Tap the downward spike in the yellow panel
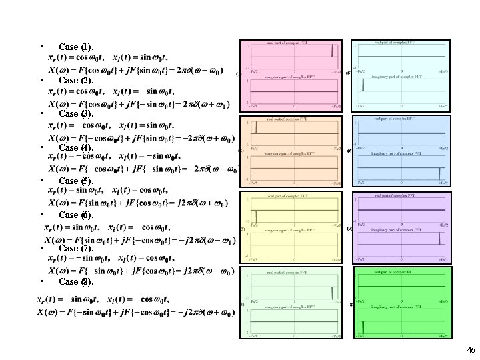click(254, 216)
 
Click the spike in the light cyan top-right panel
click(363, 87)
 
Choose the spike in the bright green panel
click(363, 326)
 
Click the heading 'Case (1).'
click(77, 47)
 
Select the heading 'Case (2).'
click(77, 81)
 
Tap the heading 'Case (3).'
click(77, 114)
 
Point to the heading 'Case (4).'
click(77, 147)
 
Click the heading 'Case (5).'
click(77, 181)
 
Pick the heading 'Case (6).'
click(77, 215)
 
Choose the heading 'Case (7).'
click(77, 248)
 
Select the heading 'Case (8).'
click(77, 282)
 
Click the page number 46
click(471, 350)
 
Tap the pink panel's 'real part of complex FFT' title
click(287, 43)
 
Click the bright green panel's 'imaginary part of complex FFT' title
click(400, 305)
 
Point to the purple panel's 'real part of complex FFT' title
click(400, 196)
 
